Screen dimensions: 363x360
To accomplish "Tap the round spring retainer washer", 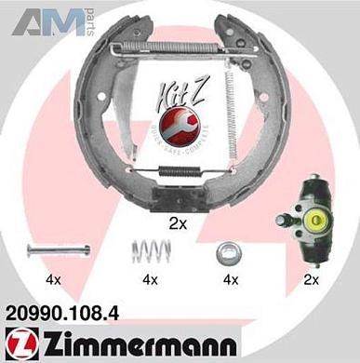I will point(224,251).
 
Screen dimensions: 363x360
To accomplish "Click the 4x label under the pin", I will point(54,279).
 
